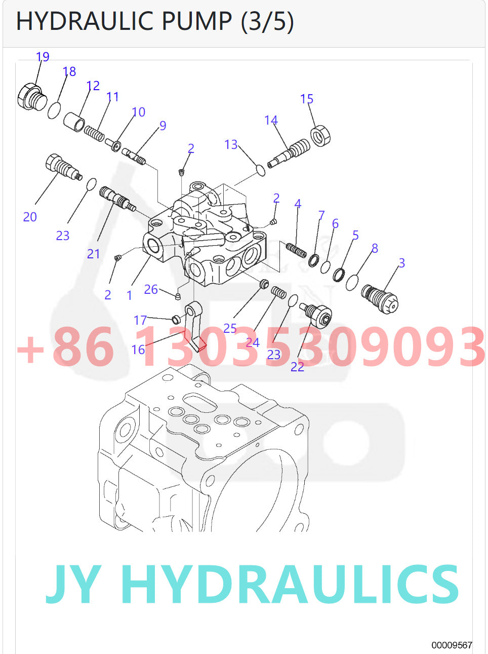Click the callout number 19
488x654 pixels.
coord(43,57)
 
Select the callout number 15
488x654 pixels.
coord(307,99)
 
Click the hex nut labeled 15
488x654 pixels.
coord(320,135)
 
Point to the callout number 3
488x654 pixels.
coord(401,263)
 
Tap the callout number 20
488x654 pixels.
coord(30,217)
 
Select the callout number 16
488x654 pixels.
coord(138,350)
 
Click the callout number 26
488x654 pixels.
coord(151,289)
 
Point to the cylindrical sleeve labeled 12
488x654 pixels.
coord(74,122)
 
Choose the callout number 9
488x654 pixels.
coord(162,126)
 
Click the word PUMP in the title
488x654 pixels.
coord(196,21)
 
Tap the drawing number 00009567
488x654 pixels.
coord(452,645)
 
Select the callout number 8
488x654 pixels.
coord(375,248)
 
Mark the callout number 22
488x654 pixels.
coord(297,367)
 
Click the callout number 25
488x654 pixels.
coord(230,328)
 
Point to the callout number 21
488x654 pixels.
coord(94,254)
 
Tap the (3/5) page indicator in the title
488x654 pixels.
coord(267,21)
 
